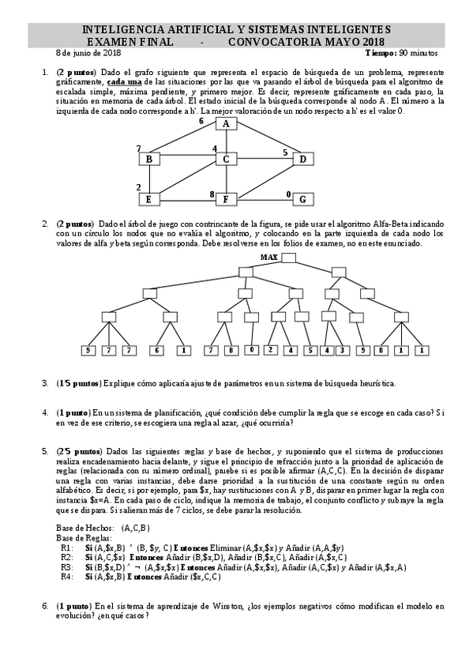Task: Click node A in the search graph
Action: coord(226,124)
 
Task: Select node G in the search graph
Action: coord(302,198)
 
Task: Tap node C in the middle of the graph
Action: coord(226,160)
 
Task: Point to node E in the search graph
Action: coord(148,198)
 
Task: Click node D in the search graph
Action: coord(302,160)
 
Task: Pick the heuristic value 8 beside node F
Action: coord(212,194)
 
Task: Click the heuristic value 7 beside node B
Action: coord(138,149)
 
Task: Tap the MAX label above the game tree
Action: coord(269,258)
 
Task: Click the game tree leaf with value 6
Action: coord(157,350)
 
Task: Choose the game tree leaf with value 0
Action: coord(252,350)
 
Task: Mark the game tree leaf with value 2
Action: coord(271,350)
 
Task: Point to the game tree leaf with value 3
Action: coord(341,350)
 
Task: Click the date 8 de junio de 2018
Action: coord(88,53)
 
